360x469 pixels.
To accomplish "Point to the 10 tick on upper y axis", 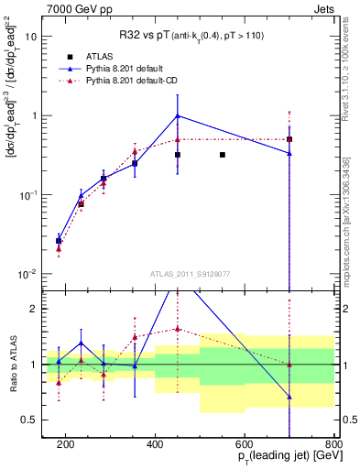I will click(x=32, y=38).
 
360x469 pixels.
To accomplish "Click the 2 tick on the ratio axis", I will click(x=34, y=309).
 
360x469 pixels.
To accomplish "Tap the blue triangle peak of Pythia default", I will click(x=178, y=115).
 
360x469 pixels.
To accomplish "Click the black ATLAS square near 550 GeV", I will click(x=223, y=155).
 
